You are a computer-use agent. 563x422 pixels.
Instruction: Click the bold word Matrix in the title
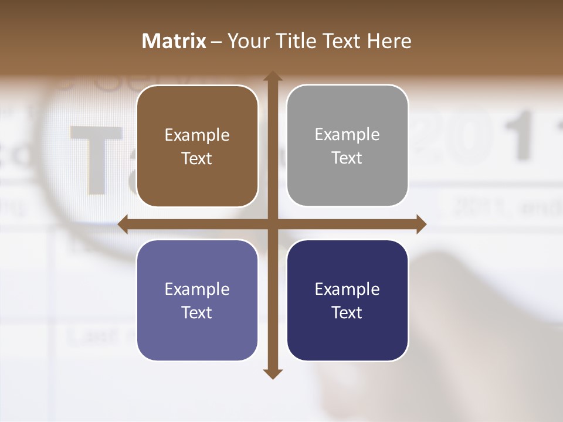pyautogui.click(x=174, y=41)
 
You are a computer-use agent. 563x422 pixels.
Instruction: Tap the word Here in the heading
pyautogui.click(x=389, y=41)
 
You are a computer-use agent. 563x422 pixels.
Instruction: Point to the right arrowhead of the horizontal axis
pyautogui.click(x=421, y=224)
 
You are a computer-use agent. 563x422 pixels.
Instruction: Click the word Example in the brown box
pyautogui.click(x=197, y=135)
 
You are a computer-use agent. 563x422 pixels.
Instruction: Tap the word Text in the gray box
pyautogui.click(x=347, y=158)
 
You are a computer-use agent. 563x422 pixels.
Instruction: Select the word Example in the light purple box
pyautogui.click(x=197, y=290)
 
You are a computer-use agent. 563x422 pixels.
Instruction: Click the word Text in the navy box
pyautogui.click(x=347, y=313)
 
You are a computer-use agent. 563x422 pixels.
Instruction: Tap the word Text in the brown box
pyautogui.click(x=197, y=159)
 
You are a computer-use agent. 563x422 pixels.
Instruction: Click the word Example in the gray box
pyautogui.click(x=347, y=135)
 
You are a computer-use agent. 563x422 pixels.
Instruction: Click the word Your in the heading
pyautogui.click(x=245, y=41)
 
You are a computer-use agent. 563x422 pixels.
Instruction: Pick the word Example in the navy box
pyautogui.click(x=347, y=290)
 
